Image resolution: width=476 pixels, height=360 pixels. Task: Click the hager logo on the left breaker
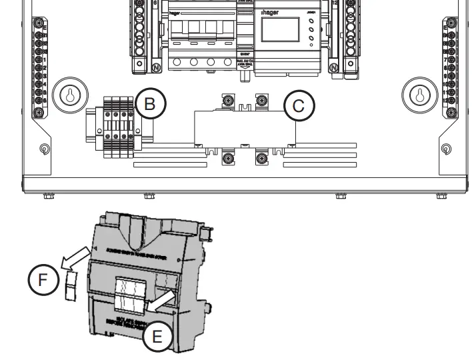[x=174, y=11]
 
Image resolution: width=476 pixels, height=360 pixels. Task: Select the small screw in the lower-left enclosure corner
[x=44, y=149]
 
